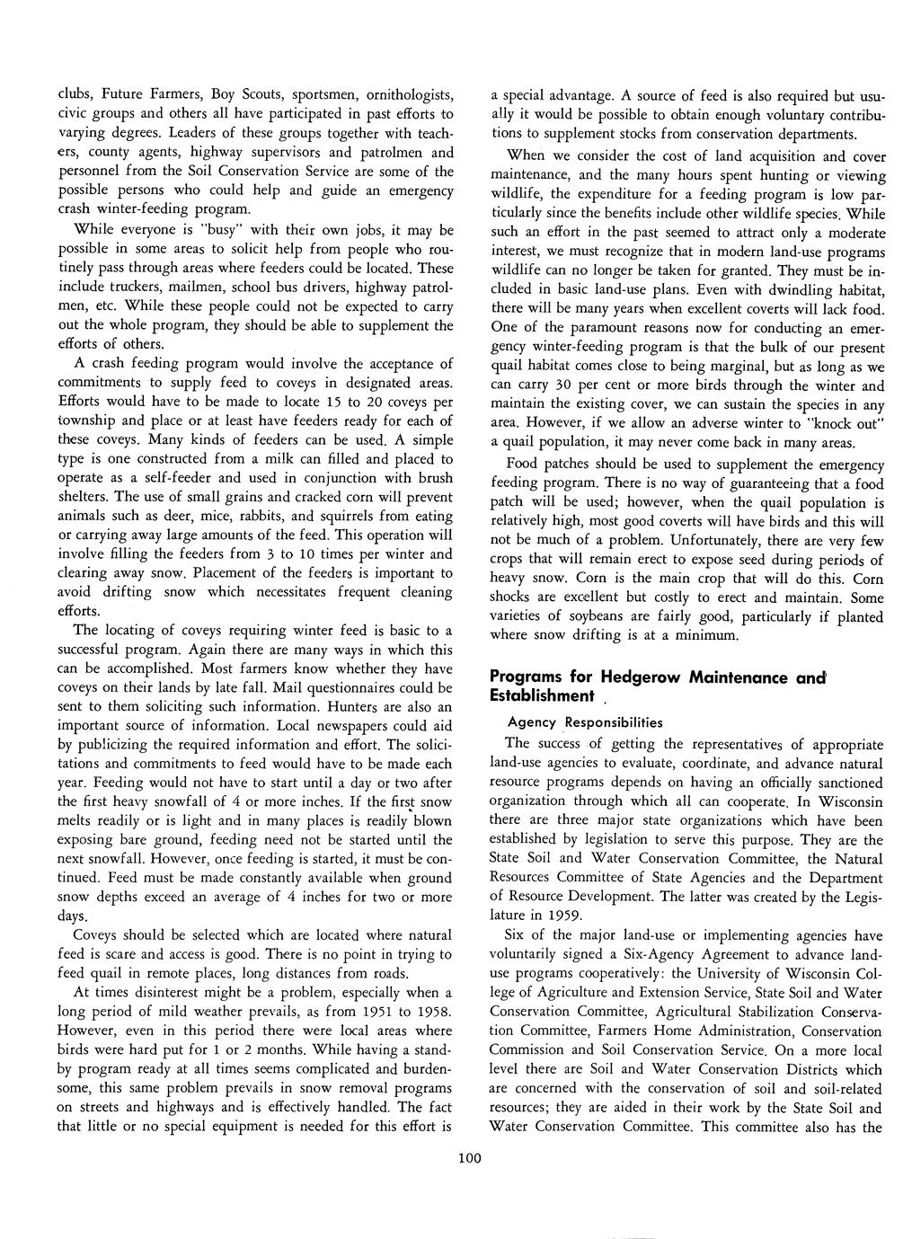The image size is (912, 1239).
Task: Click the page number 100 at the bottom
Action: (x=469, y=1159)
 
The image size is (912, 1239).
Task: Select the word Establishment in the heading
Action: (x=542, y=696)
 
